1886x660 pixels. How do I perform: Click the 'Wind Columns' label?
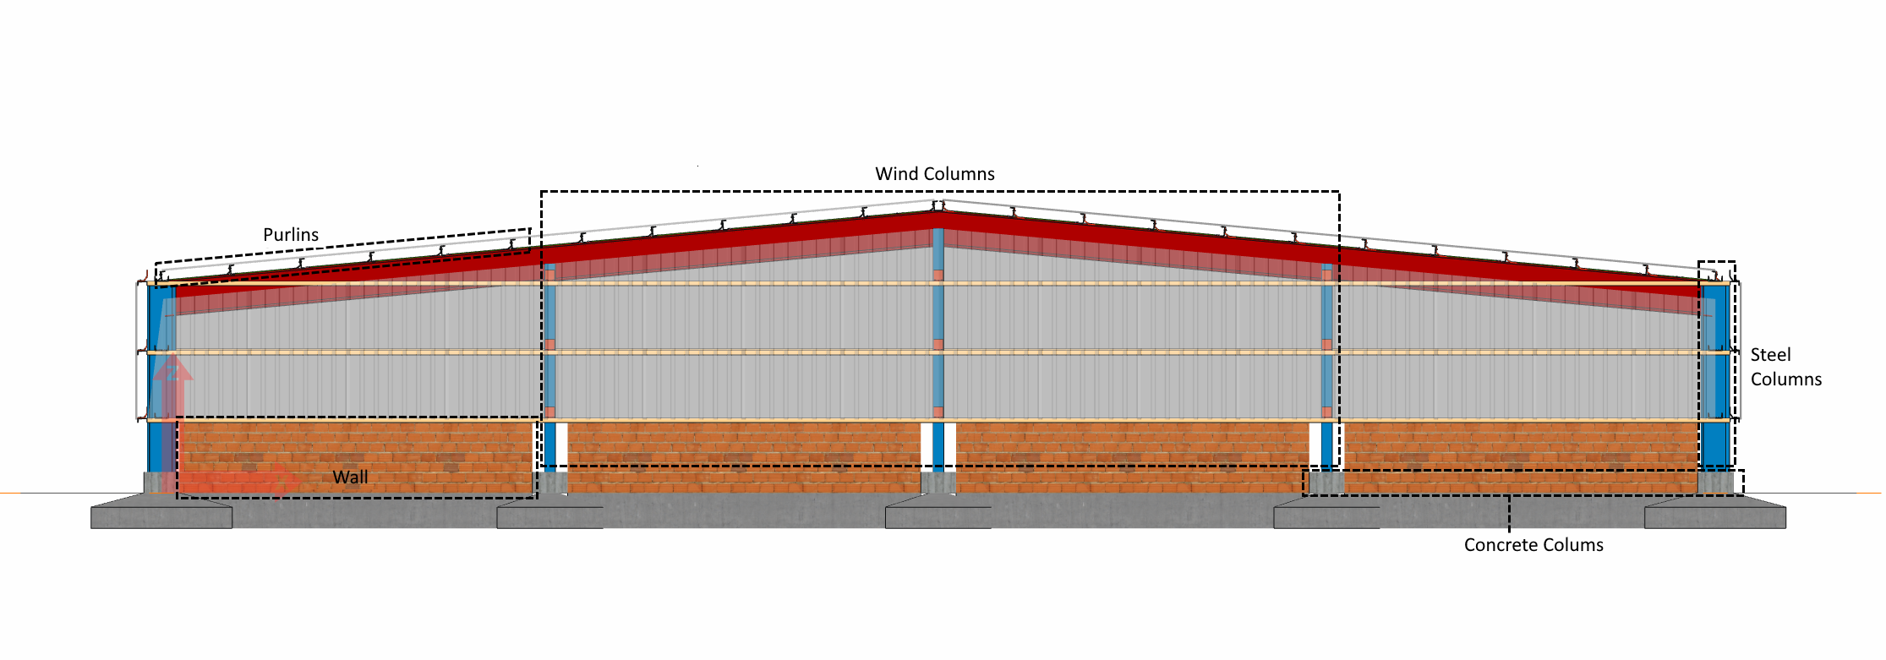coord(934,174)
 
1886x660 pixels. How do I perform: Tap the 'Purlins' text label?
coord(291,235)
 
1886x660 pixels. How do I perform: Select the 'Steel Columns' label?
coord(1785,367)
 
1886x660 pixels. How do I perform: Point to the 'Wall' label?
coord(350,477)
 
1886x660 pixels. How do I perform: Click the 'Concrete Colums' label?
coord(1533,545)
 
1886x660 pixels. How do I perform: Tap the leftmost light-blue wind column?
coord(549,355)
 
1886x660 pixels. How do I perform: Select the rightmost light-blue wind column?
coord(1326,355)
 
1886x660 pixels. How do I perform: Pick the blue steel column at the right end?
coord(1715,380)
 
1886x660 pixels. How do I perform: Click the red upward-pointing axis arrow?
coord(172,389)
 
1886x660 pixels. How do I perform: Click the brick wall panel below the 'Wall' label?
coord(355,448)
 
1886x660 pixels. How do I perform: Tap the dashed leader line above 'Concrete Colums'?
coord(1509,514)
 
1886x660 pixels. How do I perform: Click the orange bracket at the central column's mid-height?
coord(938,345)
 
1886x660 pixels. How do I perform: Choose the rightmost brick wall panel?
coord(1522,448)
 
